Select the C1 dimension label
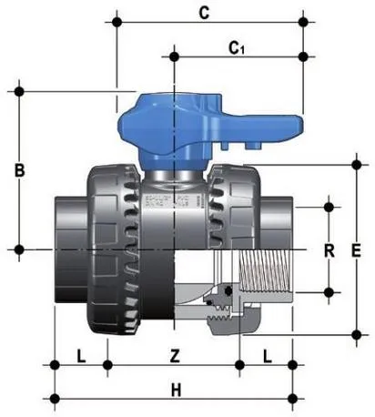pyautogui.click(x=237, y=47)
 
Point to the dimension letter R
pyautogui.click(x=330, y=249)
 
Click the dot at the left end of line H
pyautogui.click(x=56, y=397)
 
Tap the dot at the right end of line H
pyautogui.click(x=292, y=397)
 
